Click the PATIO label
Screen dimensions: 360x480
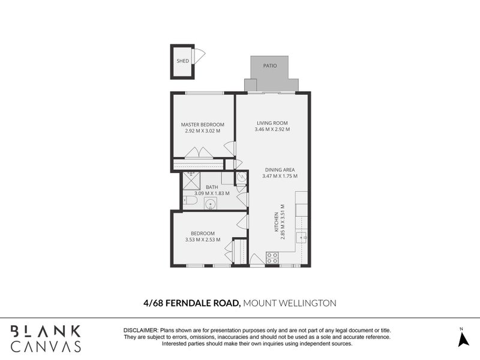click(270, 65)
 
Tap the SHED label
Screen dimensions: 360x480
click(182, 61)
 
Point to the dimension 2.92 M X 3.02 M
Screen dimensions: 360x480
click(202, 131)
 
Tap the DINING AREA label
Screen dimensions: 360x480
click(278, 170)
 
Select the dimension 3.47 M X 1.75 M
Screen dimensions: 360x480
click(278, 176)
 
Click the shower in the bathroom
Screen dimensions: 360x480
click(191, 180)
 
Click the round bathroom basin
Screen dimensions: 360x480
click(211, 203)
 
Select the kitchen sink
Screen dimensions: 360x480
click(302, 238)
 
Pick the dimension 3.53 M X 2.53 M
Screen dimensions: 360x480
click(202, 240)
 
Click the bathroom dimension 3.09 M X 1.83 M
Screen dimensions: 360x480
click(211, 193)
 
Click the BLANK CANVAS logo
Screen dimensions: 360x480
click(46, 338)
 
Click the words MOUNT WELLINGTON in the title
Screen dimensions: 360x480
click(290, 303)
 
